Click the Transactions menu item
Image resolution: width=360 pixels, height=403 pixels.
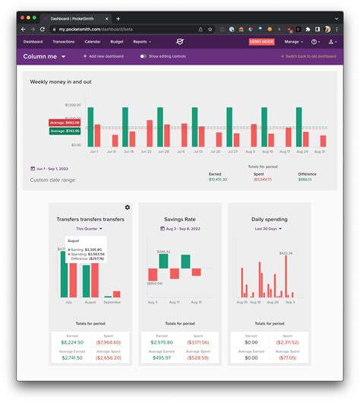pos(64,42)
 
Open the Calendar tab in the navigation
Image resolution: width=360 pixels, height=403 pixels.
pos(93,42)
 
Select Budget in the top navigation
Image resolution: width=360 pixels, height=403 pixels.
pos(116,42)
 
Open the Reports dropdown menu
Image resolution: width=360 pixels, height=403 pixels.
pos(142,42)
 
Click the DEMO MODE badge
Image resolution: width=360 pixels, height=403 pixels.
pos(262,42)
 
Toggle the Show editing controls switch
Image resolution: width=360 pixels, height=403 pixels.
pos(143,56)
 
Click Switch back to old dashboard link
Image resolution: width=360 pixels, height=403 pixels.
pos(309,56)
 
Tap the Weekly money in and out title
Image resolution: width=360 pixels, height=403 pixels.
pos(62,81)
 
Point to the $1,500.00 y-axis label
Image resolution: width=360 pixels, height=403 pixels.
pos(74,105)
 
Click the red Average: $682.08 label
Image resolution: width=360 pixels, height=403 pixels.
pos(65,122)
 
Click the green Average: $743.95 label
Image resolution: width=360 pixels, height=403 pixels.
pos(65,131)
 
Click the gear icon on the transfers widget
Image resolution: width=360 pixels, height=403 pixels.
pos(127,207)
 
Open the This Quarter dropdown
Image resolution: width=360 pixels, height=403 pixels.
pos(90,228)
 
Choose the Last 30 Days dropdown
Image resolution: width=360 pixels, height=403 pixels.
pos(269,228)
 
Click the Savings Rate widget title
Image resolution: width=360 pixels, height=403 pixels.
pos(180,219)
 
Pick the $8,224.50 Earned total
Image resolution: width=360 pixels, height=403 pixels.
pos(72,342)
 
